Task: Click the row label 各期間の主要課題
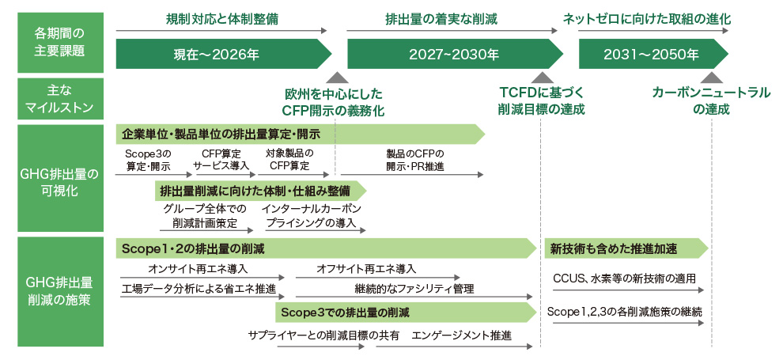(59, 42)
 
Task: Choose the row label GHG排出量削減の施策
(59, 290)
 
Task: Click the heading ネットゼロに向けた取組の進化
(646, 17)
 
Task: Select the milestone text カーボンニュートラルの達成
(710, 101)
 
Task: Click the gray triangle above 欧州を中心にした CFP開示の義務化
(338, 78)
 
